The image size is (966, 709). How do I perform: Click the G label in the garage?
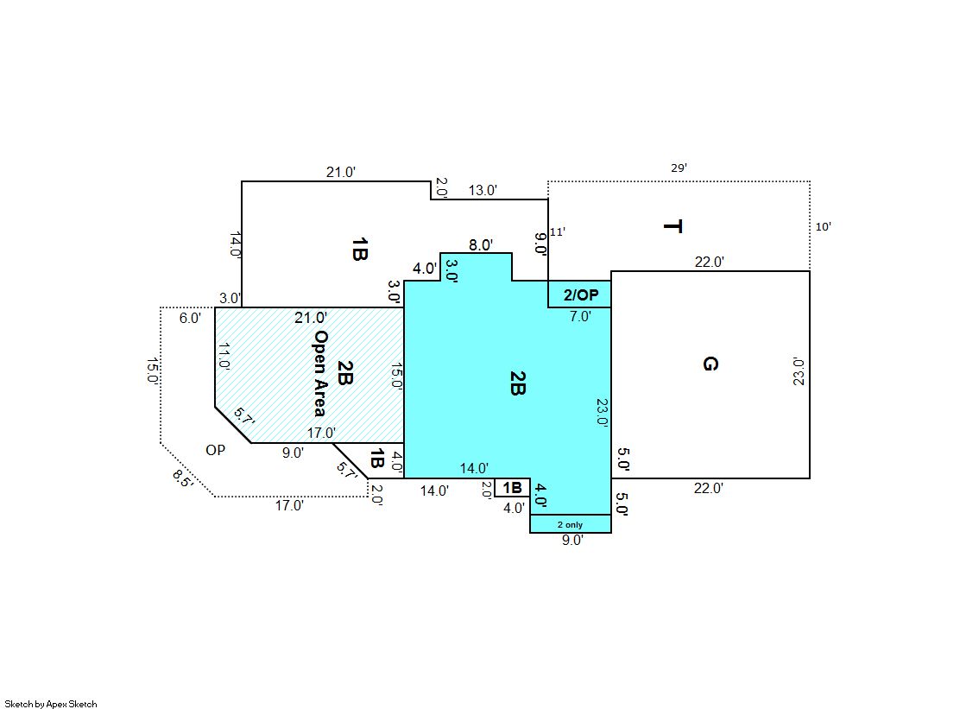click(710, 364)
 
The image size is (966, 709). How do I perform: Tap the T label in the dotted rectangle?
click(672, 227)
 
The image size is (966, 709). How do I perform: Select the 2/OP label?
click(581, 294)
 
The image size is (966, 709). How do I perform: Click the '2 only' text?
click(570, 525)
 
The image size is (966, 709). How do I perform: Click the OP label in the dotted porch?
click(216, 450)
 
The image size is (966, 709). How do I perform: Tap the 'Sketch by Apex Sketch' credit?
click(51, 704)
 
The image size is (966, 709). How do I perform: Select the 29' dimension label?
click(679, 168)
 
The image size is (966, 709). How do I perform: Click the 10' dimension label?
click(823, 227)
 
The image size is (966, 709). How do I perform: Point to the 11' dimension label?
click(558, 231)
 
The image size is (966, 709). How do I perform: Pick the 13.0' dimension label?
click(483, 190)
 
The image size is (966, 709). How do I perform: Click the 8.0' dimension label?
click(481, 244)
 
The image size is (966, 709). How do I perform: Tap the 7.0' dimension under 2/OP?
click(580, 316)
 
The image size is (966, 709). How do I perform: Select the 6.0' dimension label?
click(191, 318)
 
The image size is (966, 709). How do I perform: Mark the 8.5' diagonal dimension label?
click(182, 478)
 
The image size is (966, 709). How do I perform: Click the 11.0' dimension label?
click(224, 356)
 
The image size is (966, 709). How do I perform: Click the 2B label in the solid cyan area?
click(517, 383)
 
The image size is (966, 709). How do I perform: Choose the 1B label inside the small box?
click(513, 488)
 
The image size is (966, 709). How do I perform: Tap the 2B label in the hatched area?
click(345, 374)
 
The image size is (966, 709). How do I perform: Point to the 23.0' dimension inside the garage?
click(799, 371)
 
